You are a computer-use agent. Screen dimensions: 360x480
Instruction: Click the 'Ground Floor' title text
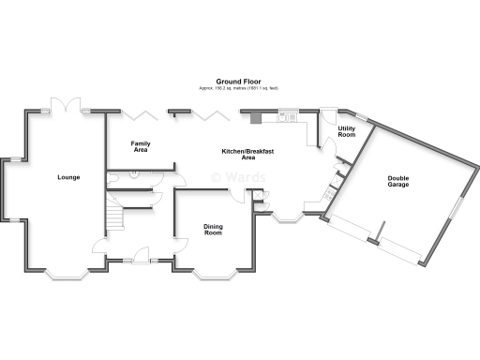click(238, 82)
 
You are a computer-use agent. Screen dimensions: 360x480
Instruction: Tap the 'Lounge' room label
click(67, 177)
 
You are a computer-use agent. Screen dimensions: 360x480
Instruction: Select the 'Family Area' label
click(141, 146)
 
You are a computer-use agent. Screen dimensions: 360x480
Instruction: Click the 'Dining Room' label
click(214, 229)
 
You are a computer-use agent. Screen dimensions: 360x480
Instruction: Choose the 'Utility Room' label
click(346, 132)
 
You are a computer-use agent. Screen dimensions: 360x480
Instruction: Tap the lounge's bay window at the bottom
click(66, 277)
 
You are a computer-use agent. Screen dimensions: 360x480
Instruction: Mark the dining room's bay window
click(213, 277)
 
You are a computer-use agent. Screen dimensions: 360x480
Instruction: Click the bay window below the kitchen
click(286, 219)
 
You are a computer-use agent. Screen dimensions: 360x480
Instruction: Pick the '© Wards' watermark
click(238, 177)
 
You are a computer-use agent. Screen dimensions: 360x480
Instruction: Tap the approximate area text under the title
click(238, 88)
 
